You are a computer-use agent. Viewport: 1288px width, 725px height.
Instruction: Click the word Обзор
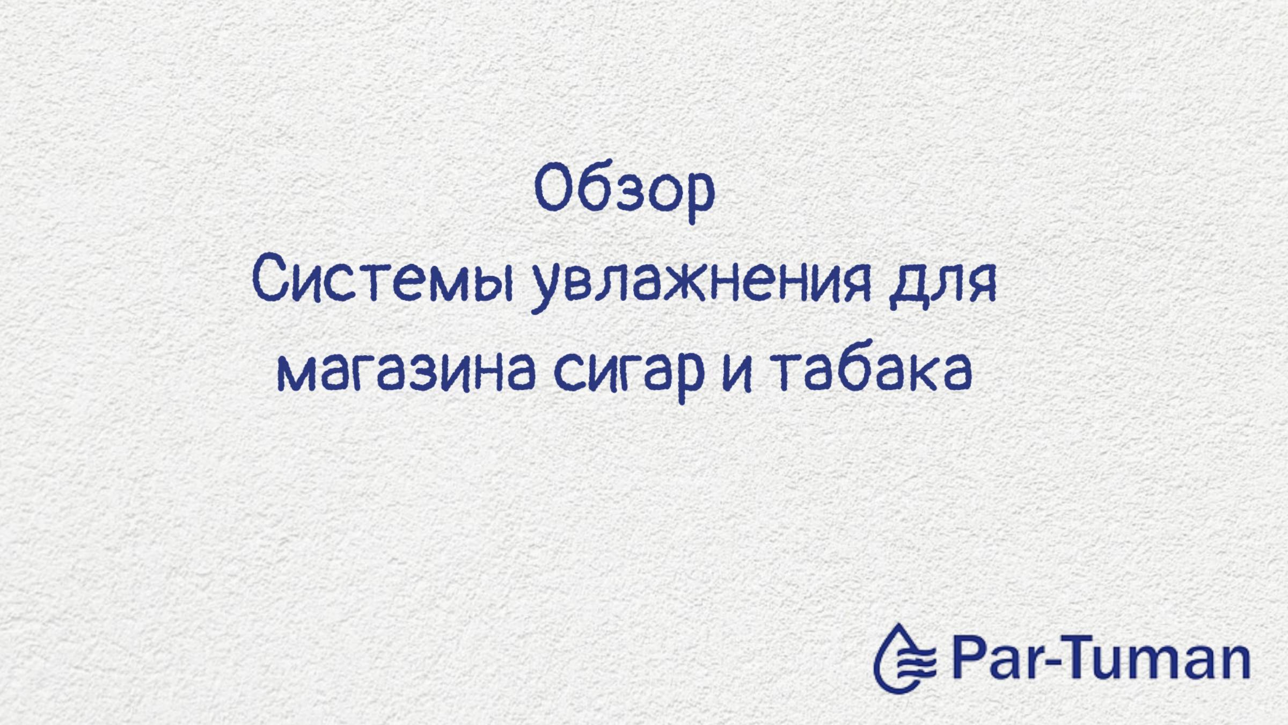625,191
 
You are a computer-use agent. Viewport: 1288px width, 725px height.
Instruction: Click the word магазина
406,372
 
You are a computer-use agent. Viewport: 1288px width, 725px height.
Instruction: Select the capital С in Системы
268,282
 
